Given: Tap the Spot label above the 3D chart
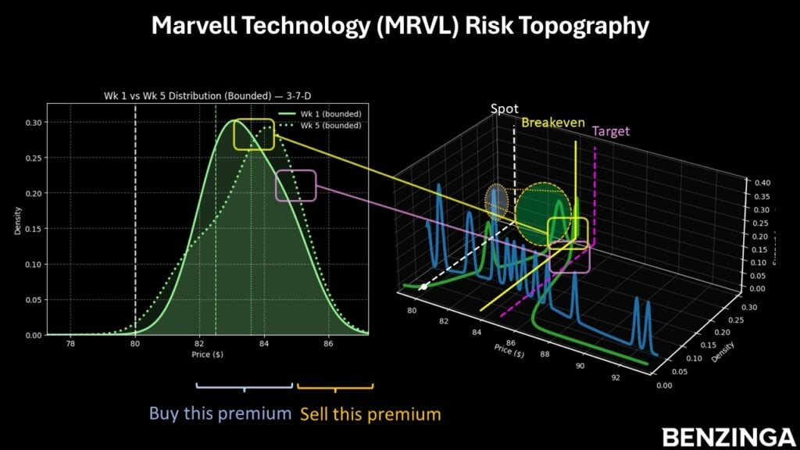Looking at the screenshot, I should (x=504, y=109).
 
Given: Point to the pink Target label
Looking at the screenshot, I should (x=611, y=131).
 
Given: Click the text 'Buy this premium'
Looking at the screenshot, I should (x=220, y=413).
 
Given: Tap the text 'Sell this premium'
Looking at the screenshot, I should (x=370, y=413).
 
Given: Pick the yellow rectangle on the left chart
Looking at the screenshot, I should (x=254, y=134).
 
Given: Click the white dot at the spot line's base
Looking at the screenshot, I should (x=423, y=287).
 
